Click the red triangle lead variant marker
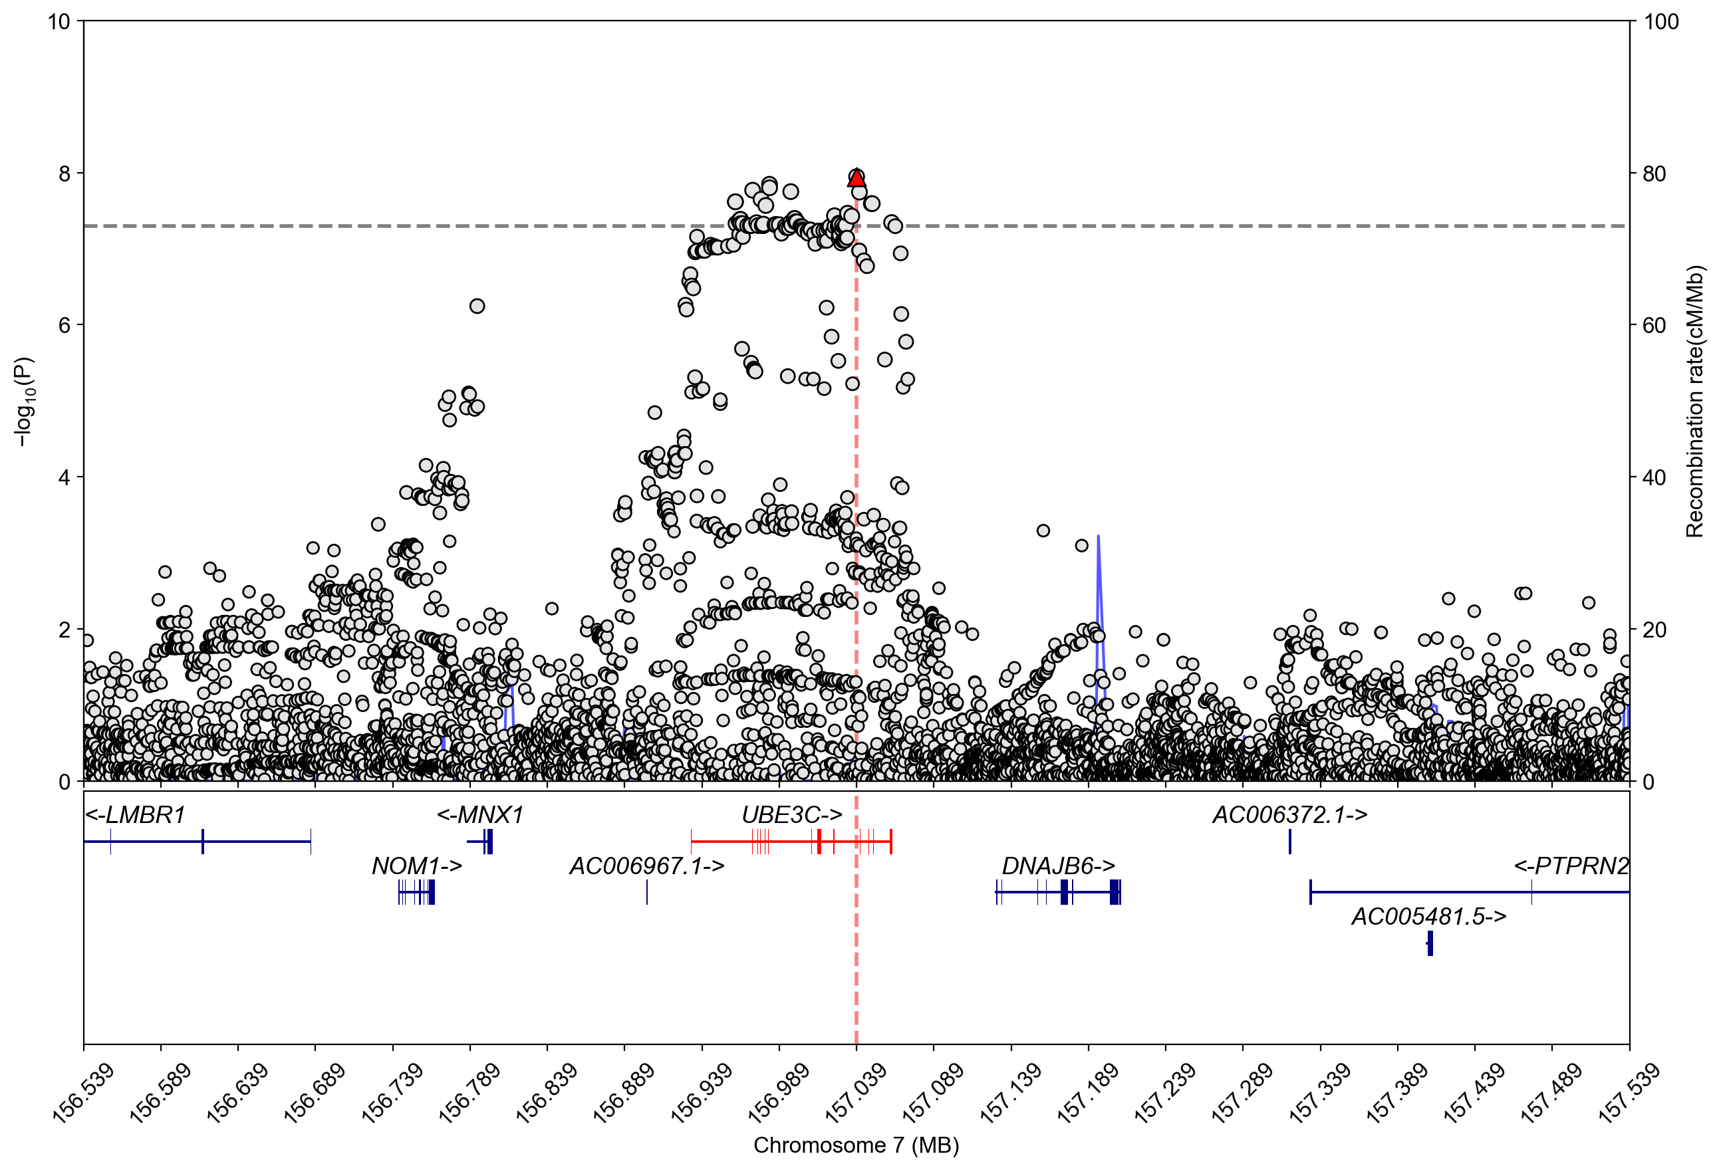tap(856, 178)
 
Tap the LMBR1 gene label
tap(135, 815)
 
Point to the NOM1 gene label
tap(416, 866)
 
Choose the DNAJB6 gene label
tap(1057, 866)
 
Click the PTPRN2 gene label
tap(1571, 866)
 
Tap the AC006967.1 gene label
tap(646, 866)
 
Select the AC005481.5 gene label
tap(1428, 917)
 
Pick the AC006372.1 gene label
tap(1289, 815)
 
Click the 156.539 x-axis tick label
tap(84, 1093)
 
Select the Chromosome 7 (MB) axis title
tap(856, 1145)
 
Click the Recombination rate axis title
tap(1695, 401)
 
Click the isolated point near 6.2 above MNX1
tap(477, 306)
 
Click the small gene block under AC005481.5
tap(1430, 943)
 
